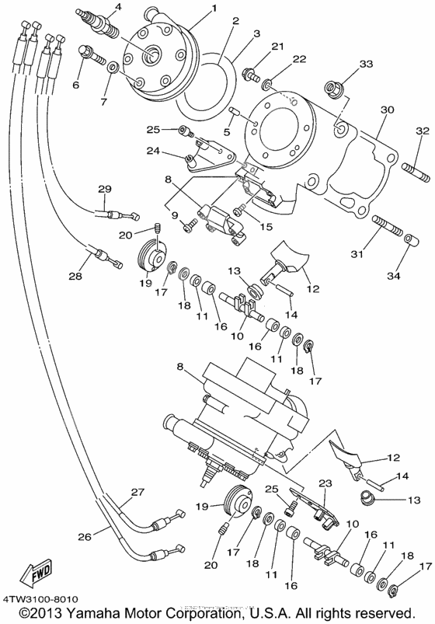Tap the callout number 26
83,536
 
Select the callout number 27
137,493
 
